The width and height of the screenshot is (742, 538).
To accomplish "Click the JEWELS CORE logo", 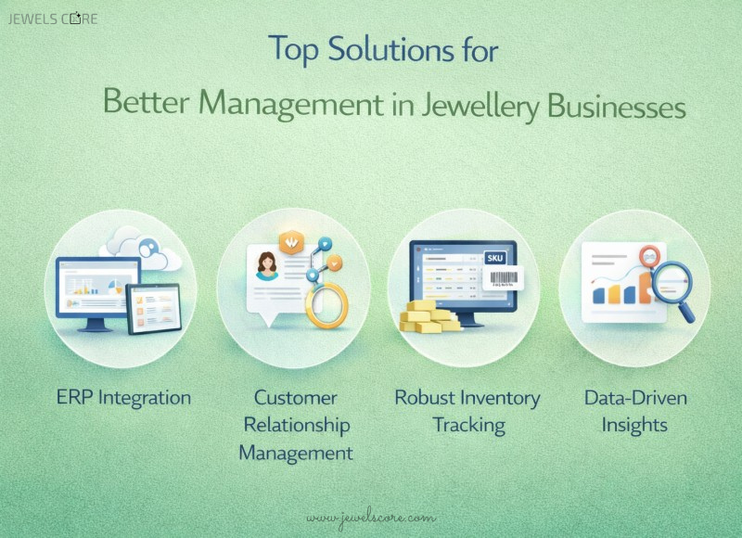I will (53, 19).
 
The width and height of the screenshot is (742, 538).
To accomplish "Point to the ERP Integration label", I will (123, 398).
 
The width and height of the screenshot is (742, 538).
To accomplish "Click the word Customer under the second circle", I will (296, 398).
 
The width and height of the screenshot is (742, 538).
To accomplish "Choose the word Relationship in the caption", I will (296, 426).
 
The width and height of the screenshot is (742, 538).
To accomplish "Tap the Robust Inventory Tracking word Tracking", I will (467, 426).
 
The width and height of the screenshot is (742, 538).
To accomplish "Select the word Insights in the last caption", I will (634, 426).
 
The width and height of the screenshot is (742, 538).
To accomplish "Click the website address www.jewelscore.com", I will (370, 516).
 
